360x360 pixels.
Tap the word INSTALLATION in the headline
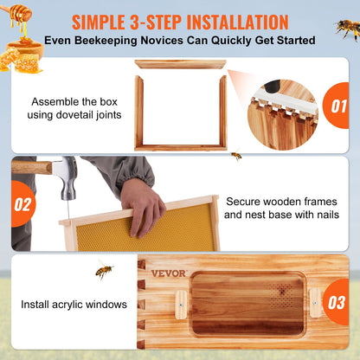coord(228,20)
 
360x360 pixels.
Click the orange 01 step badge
coord(337,107)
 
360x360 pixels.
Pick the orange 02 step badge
coord(22,204)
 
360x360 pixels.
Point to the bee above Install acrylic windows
coord(104,271)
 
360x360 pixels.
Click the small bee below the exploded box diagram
coord(235,157)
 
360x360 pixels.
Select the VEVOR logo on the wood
coord(168,273)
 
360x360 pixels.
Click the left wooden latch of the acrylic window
coord(182,302)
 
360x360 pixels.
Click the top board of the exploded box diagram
coord(180,64)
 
